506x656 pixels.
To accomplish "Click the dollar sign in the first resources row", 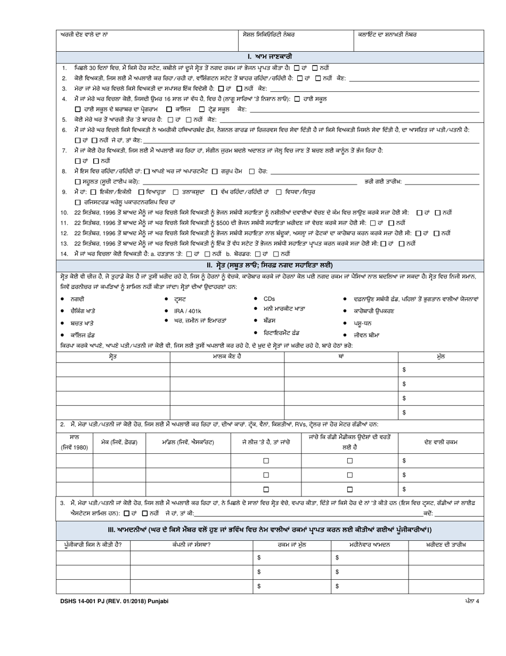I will tap(404, 370).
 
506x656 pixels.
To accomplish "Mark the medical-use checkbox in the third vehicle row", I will tap(350, 489).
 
